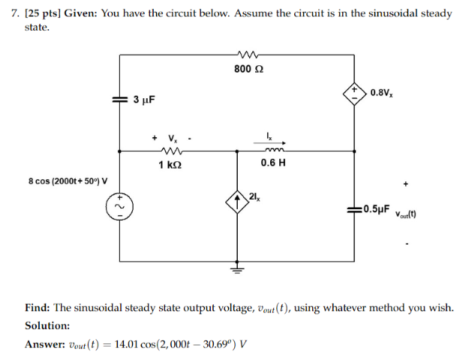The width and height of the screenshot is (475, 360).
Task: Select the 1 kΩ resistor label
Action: (169, 163)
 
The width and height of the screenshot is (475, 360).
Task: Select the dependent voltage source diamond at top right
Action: (353, 93)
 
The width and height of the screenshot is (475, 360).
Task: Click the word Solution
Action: (47, 326)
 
